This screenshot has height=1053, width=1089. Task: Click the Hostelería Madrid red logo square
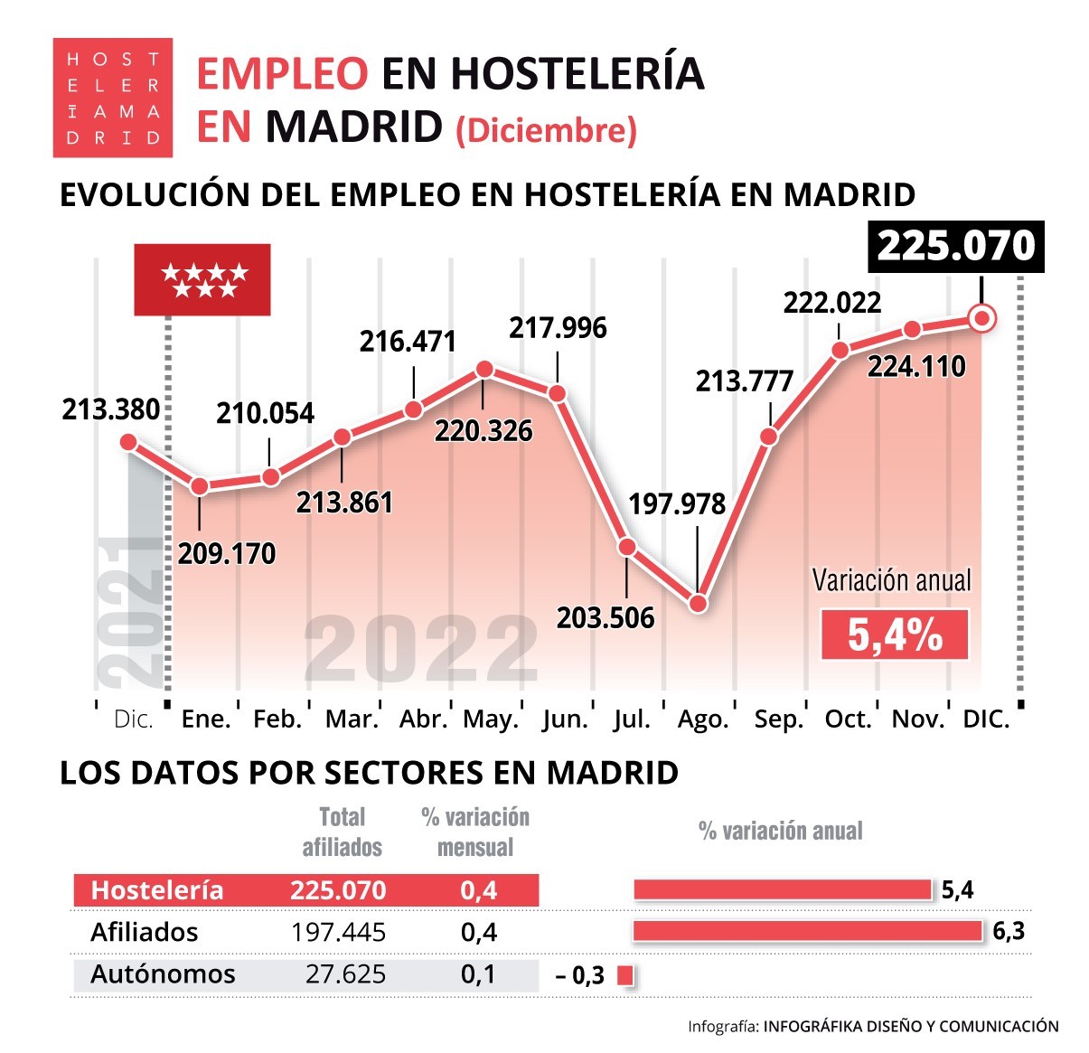coord(112,98)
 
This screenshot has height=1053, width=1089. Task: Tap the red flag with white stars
coord(202,279)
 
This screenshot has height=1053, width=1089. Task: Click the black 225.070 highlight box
coord(956,246)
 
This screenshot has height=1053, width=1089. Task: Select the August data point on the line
coord(698,603)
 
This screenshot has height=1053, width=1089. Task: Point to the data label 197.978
coord(677,503)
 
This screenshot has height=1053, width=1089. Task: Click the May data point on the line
coord(484,369)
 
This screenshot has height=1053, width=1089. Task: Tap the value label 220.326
coord(483,430)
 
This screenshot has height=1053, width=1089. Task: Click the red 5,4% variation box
coord(894,635)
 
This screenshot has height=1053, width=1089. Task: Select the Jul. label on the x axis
coord(632,719)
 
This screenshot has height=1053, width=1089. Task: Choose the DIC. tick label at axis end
coord(986,719)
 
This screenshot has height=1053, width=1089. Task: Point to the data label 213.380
coord(110,409)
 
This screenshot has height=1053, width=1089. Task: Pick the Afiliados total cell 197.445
coord(339,932)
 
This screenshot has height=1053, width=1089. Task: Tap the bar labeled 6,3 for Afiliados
coord(807,931)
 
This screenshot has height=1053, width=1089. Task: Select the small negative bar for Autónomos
coord(624,975)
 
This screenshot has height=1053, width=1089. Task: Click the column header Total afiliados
coord(342,832)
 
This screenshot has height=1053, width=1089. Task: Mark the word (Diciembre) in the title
coord(547,130)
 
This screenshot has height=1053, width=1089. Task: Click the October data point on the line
coord(840,350)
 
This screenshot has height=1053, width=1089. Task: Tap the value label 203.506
coord(606,617)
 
